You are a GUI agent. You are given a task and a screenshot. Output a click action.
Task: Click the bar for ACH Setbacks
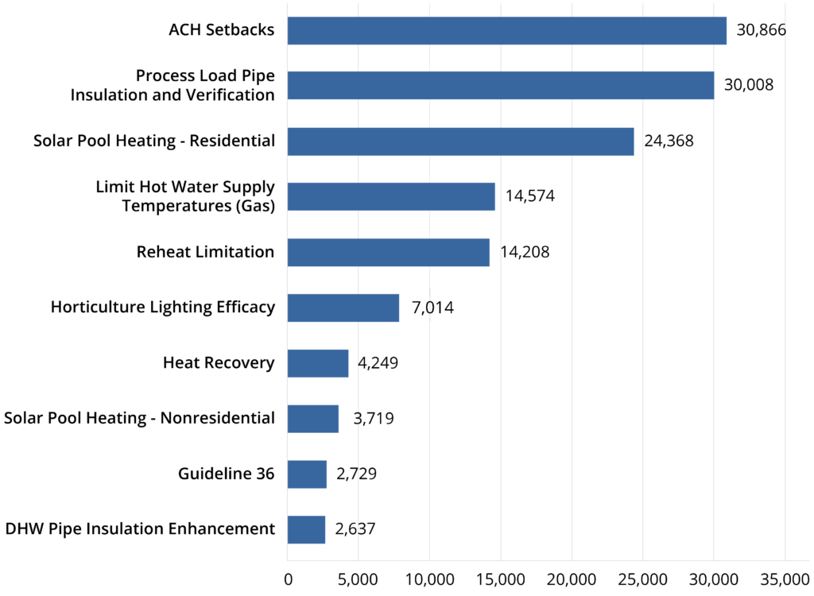506,30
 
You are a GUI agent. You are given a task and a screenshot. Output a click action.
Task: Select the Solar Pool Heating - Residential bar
460,141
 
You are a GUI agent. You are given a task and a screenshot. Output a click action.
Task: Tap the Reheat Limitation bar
388,252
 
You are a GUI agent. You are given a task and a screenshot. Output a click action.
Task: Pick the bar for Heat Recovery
317,363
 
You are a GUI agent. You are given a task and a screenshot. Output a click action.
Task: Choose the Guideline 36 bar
307,474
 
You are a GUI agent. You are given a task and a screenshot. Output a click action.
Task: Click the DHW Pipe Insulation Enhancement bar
306,529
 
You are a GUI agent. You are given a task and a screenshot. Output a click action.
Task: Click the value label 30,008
748,85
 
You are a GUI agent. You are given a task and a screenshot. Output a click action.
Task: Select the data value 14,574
529,196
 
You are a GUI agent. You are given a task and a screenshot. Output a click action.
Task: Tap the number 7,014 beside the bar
432,308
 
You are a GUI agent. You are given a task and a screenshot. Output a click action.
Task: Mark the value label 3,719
373,419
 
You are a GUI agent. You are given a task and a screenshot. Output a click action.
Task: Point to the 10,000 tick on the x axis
429,578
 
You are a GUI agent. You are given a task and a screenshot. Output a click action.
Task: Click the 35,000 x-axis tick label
785,578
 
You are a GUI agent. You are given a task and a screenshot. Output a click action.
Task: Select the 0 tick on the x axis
288,578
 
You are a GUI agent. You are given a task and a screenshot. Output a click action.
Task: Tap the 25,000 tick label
642,578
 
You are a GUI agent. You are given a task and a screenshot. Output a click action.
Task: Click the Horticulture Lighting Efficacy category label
162,308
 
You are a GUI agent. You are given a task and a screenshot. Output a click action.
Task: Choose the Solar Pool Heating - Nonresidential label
139,419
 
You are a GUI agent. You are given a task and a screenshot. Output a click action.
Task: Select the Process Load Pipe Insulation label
172,85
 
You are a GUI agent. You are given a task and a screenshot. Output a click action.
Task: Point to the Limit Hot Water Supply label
184,196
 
